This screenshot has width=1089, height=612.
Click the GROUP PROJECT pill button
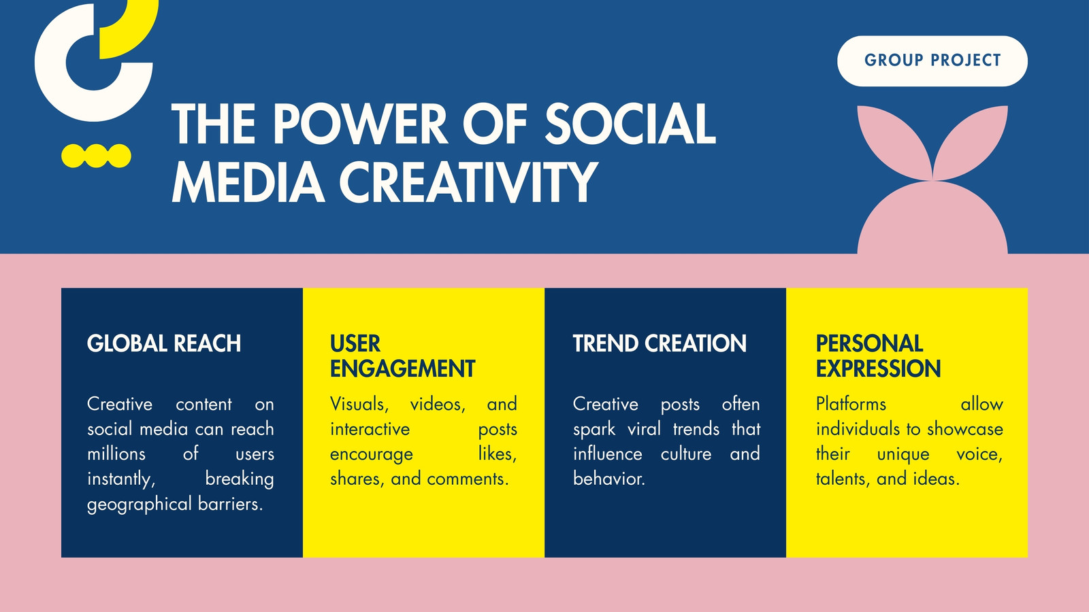[932, 61]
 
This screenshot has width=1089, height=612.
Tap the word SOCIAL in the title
[630, 124]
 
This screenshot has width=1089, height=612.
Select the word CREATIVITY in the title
[468, 182]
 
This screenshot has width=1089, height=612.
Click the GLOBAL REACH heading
[164, 343]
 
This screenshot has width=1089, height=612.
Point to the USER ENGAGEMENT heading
[402, 356]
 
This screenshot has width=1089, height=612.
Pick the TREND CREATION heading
[660, 343]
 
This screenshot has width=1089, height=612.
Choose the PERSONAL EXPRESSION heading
[878, 356]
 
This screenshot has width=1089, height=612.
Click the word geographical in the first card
[140, 504]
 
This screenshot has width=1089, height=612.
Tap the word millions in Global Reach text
[116, 454]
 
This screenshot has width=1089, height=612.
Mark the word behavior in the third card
[608, 479]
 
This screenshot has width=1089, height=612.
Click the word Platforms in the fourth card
[851, 404]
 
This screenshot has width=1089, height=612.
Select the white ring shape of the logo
[51, 63]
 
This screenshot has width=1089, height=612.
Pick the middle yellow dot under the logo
[96, 156]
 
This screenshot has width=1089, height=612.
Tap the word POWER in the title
[359, 124]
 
